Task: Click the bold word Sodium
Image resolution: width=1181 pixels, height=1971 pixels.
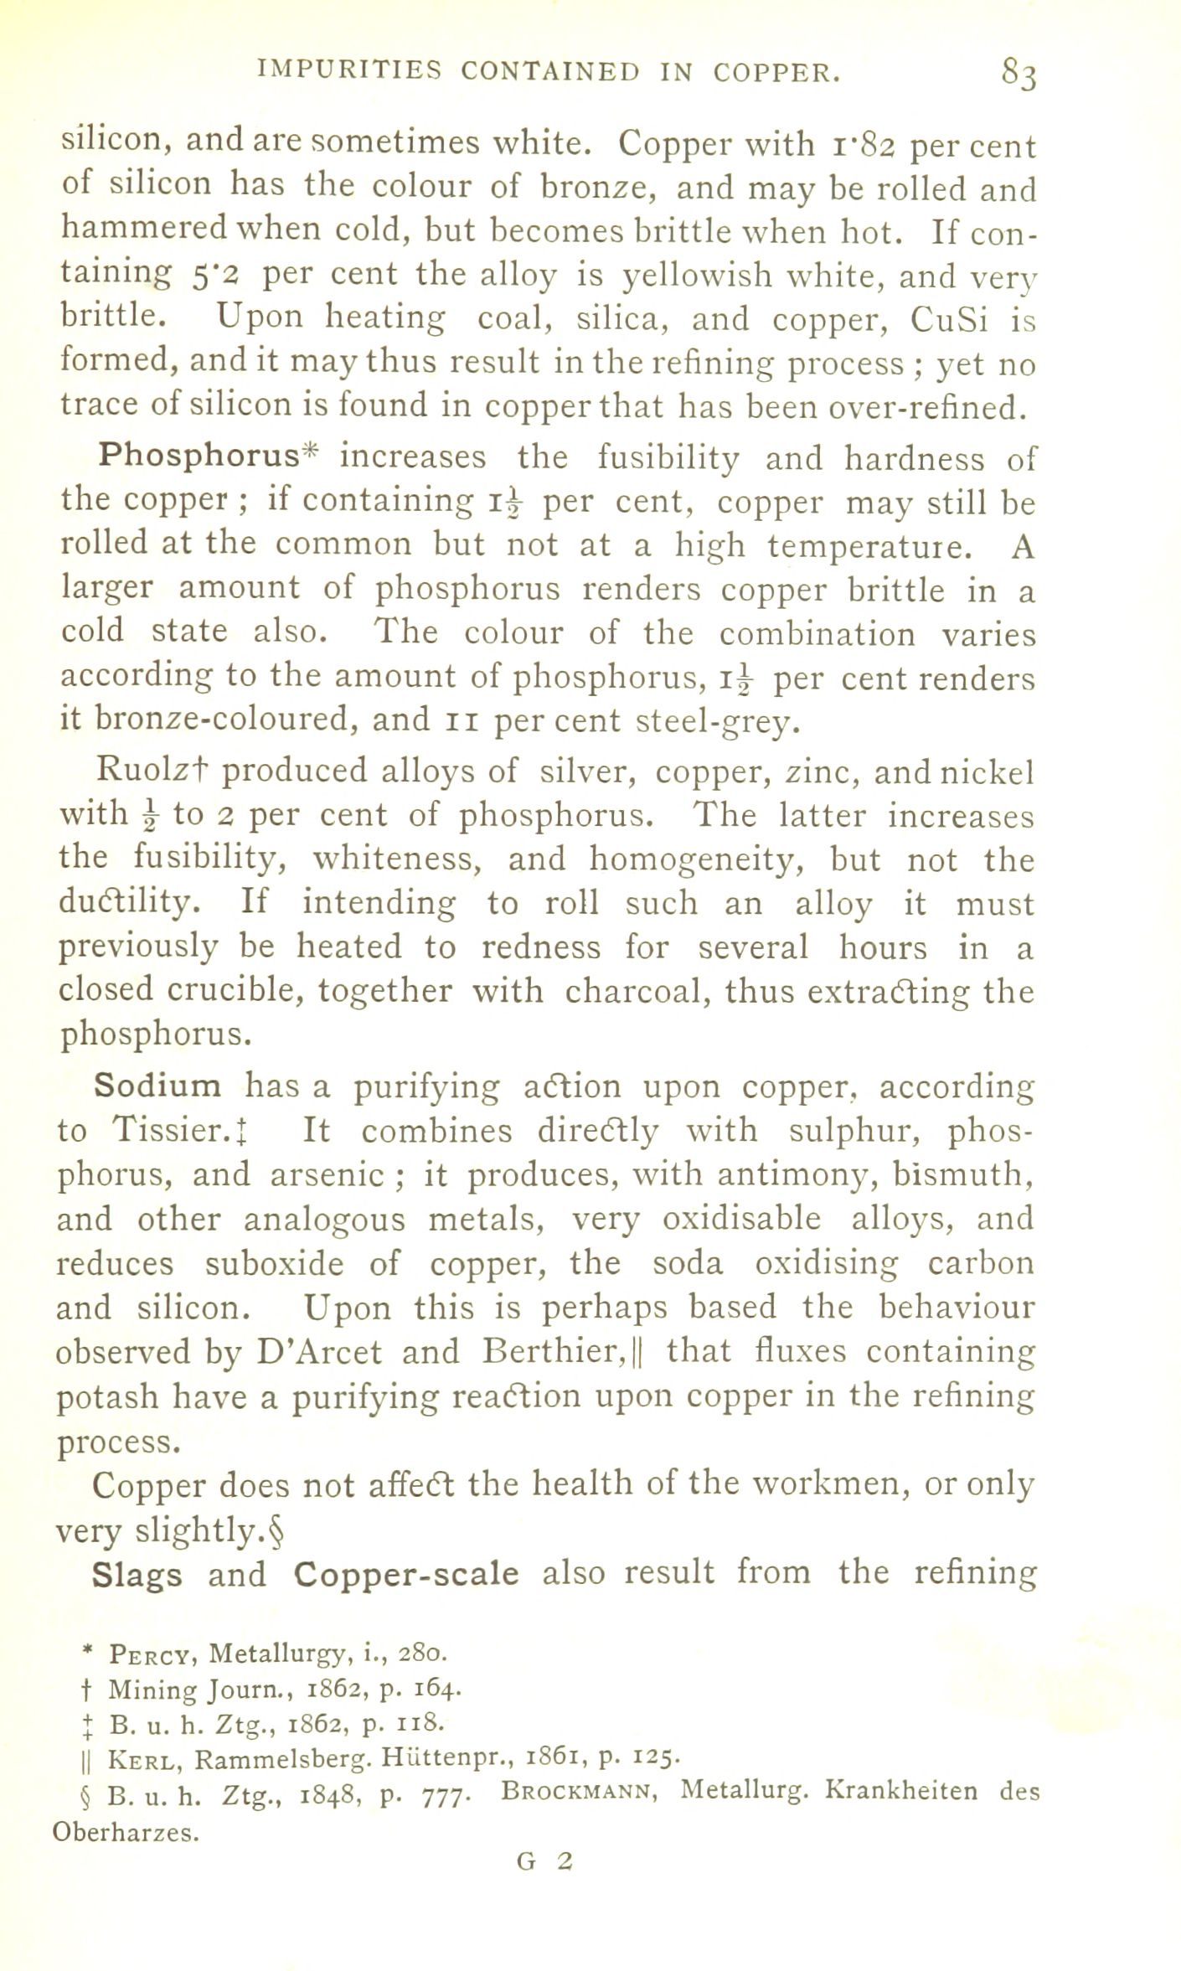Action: [x=157, y=1086]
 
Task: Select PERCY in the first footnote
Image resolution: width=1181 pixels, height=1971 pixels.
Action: [x=153, y=1655]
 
